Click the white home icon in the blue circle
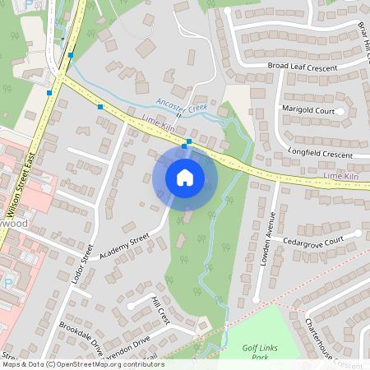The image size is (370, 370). coord(185,177)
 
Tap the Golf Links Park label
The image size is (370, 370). coord(263,352)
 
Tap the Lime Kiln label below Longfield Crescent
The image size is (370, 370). coord(341,176)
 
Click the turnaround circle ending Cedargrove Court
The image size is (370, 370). coord(358,233)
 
